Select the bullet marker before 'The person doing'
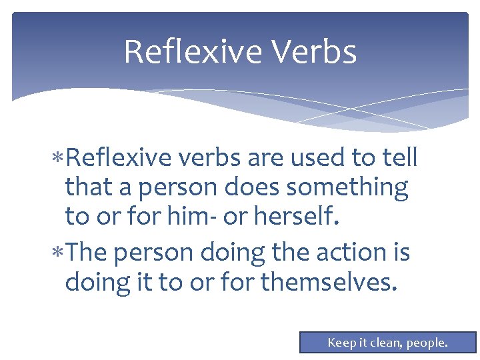[x=59, y=254]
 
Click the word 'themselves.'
[x=329, y=283]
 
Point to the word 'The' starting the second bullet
[x=88, y=253]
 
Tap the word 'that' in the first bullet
[x=86, y=189]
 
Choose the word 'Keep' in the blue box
[x=342, y=343]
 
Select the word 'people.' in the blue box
[x=428, y=343]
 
